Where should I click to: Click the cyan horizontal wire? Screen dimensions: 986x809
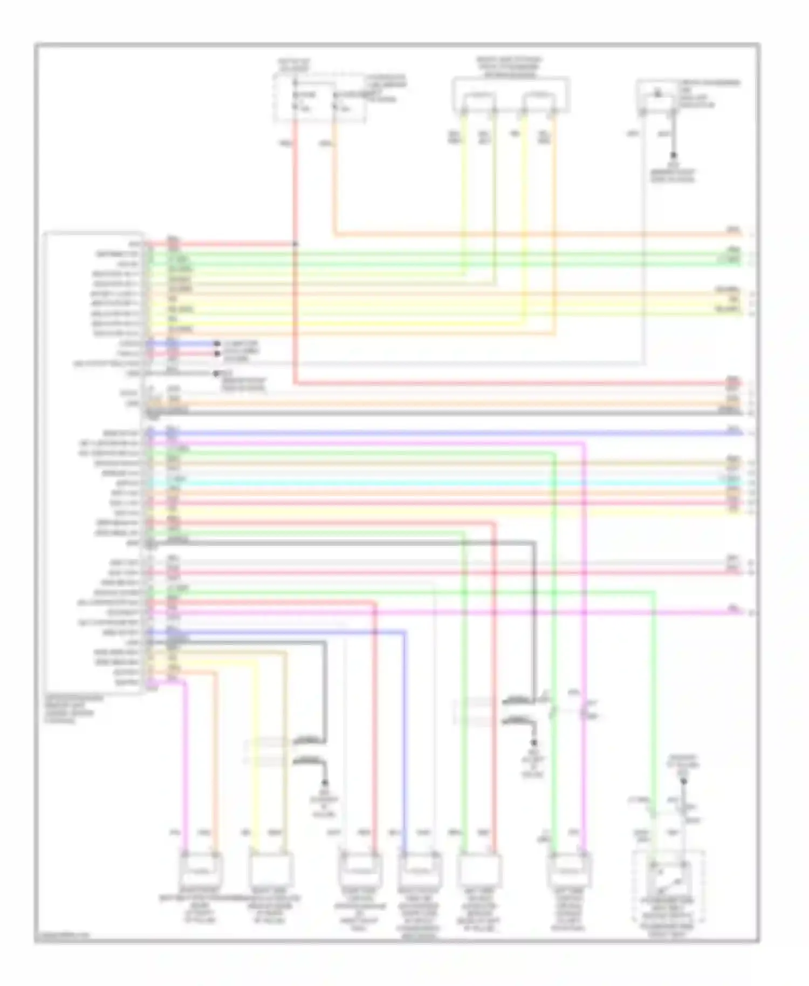point(431,483)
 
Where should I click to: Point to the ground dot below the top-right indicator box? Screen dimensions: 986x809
point(673,155)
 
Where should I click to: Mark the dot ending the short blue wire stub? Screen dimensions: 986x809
point(217,344)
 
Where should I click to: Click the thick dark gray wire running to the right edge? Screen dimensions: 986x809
point(431,413)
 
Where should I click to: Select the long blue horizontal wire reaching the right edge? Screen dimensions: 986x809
point(431,433)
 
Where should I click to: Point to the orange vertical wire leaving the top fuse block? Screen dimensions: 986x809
point(335,178)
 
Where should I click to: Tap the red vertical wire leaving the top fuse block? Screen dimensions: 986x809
point(295,178)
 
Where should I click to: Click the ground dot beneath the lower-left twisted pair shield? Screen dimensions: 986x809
point(325,782)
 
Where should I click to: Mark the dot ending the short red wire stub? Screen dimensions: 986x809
point(217,354)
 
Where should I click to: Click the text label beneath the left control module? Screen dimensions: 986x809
point(70,709)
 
